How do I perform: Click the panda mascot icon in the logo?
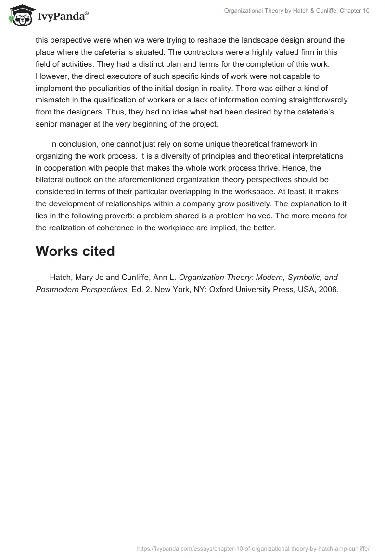[x=19, y=15]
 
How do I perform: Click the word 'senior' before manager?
[x=48, y=124]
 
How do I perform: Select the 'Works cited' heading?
[x=75, y=251]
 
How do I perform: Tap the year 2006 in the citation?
[x=330, y=290]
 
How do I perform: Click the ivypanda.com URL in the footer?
[x=253, y=548]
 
